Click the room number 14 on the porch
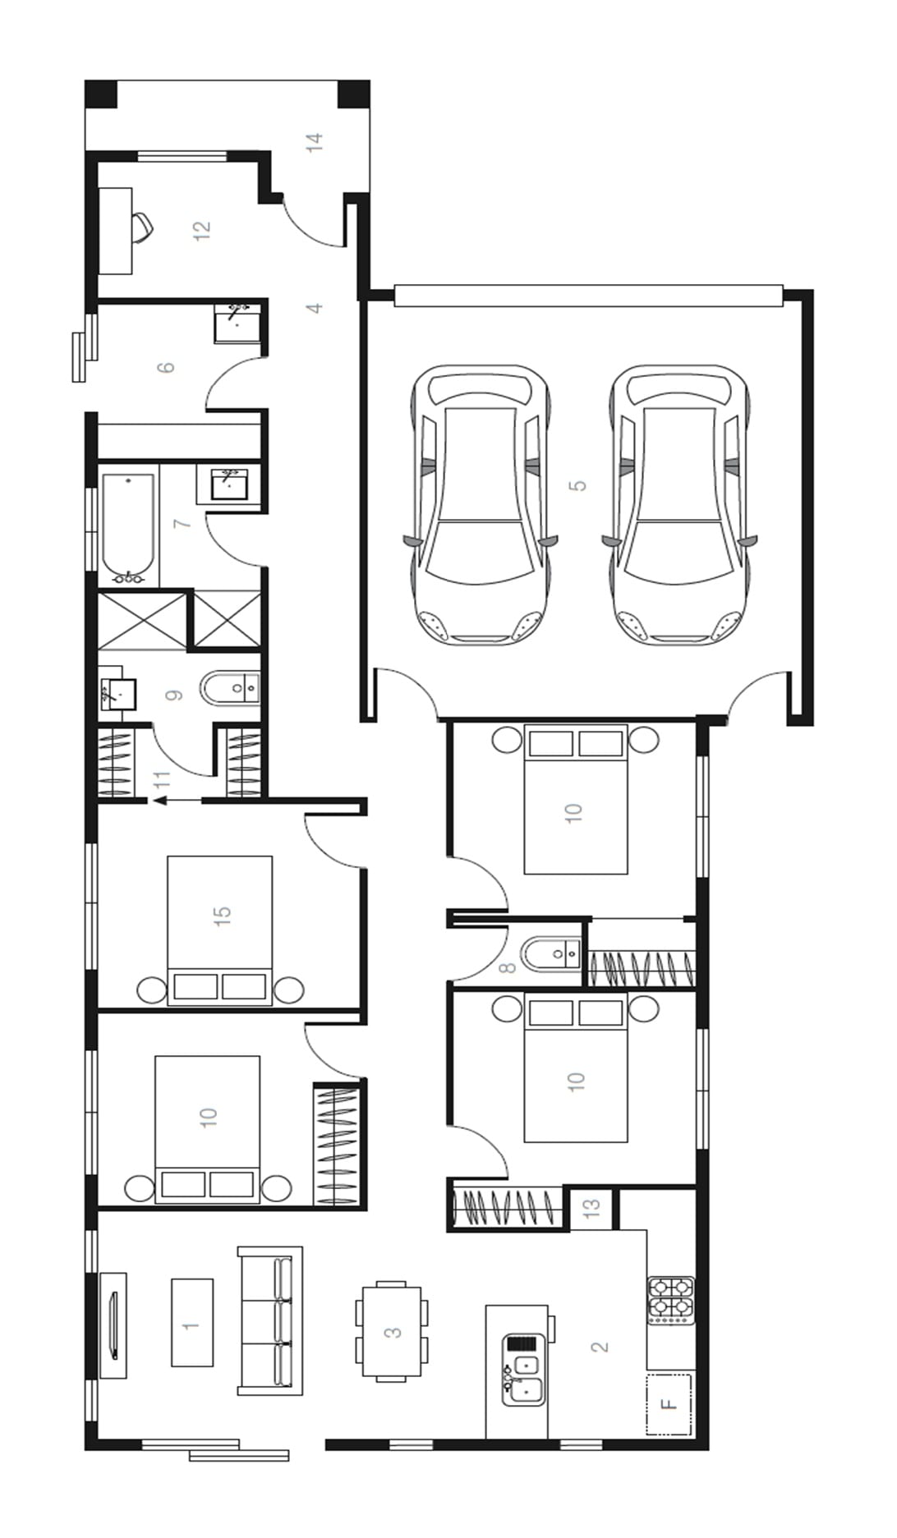pos(315,142)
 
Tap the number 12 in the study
pos(201,230)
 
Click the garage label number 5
pos(578,485)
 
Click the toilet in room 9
pos(231,689)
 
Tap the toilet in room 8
pos(552,953)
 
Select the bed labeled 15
pos(220,930)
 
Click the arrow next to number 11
pos(177,801)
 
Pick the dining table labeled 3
pos(392,1332)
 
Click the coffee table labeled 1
pos(192,1323)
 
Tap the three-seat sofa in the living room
pos(270,1321)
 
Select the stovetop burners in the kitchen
pos(672,1299)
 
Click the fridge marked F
pos(669,1405)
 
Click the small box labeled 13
pos(591,1208)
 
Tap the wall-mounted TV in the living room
pos(114,1325)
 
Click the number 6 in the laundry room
pos(167,365)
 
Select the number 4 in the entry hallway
pos(314,308)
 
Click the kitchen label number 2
pos(599,1347)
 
